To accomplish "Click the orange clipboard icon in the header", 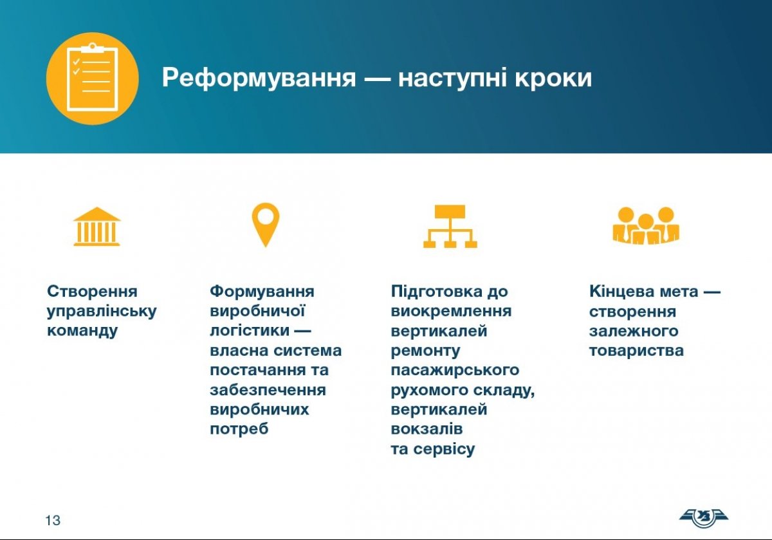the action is pos(93,79).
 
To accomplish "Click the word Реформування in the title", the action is pos(259,79).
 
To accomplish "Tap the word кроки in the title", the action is pos(553,78).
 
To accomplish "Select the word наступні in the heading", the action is pos(452,79).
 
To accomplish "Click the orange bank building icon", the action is pos(97,227).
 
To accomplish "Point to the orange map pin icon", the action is pos(265,225).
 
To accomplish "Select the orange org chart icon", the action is pos(450,226).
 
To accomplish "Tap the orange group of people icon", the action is pos(646,226).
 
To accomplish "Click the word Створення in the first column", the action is pos(92,292).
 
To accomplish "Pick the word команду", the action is pos(82,331).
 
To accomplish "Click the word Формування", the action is pos(262,292).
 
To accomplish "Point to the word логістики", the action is pos(250,331).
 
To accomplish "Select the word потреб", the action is pos(239,429).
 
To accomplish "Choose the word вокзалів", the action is pos(427,429).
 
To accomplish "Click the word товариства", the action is pos(636,351).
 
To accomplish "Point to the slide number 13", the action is pos(53,520).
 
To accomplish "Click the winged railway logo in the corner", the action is pos(703,518).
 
